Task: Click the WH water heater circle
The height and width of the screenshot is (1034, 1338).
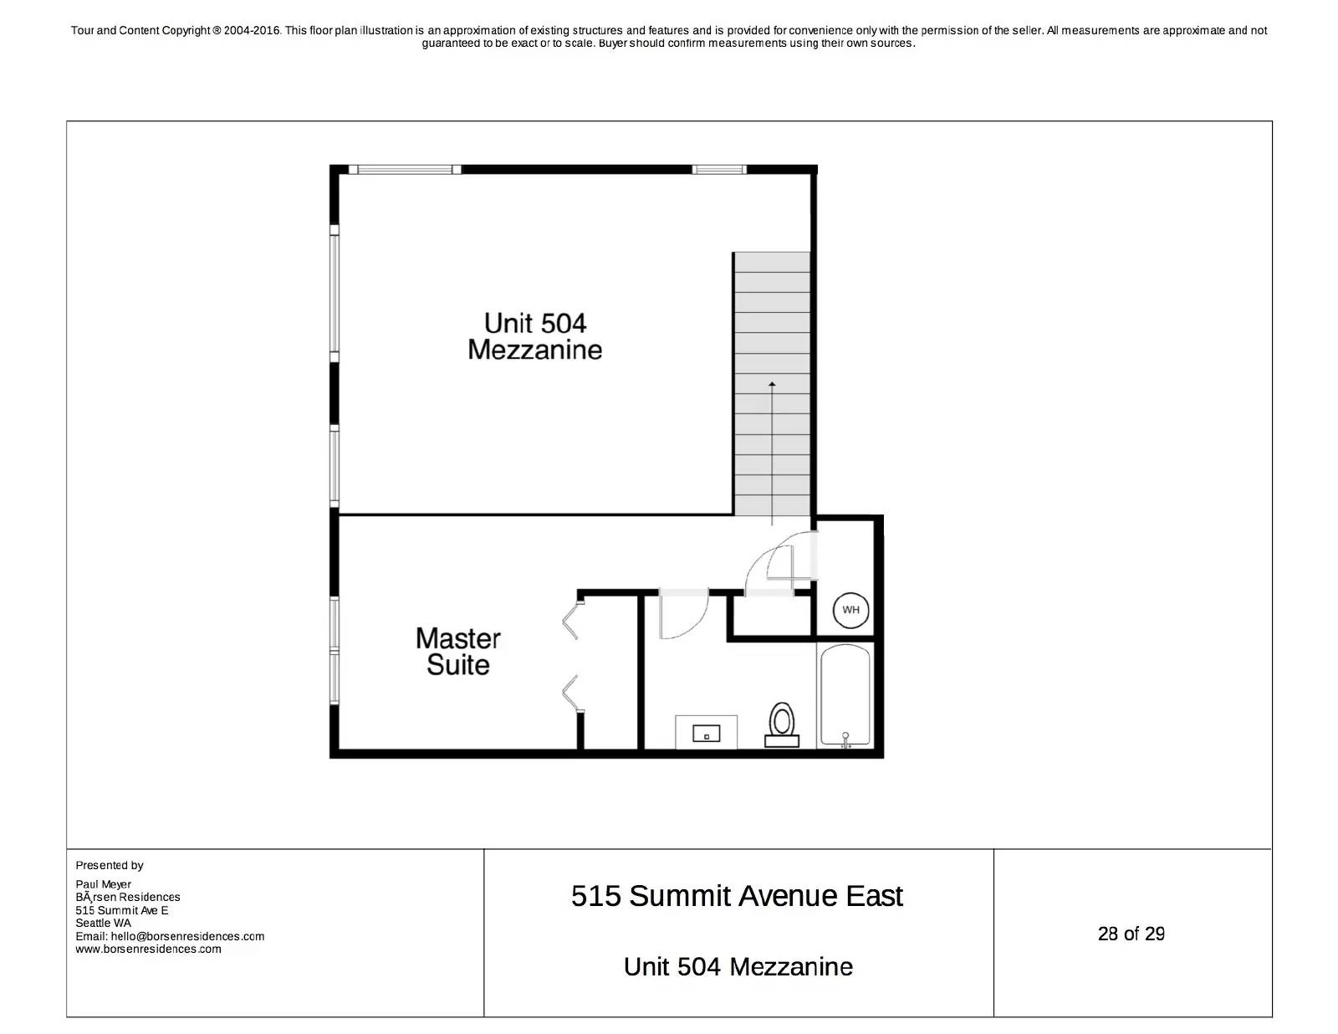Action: (x=850, y=610)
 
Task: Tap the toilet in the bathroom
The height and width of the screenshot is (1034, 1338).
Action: (x=782, y=724)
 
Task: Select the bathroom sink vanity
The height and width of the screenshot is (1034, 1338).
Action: (x=707, y=732)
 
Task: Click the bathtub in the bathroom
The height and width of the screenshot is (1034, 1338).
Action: (x=845, y=694)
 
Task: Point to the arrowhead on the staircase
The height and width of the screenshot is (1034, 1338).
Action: (x=772, y=384)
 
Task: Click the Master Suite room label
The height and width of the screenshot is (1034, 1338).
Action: (x=457, y=652)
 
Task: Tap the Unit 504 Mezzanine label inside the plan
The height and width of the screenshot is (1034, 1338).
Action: (x=535, y=336)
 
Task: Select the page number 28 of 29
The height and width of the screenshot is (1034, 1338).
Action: (x=1131, y=934)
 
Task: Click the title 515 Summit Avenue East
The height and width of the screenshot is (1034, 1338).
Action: (x=737, y=896)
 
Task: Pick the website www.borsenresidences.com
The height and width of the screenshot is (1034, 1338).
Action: (x=148, y=949)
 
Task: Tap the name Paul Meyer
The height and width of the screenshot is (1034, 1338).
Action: (x=103, y=883)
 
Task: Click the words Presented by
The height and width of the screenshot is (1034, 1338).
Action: (x=110, y=865)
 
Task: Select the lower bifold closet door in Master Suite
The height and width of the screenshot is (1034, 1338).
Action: (x=571, y=693)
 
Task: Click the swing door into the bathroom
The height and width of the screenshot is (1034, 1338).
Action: (x=682, y=615)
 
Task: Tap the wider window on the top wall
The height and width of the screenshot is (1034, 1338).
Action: (x=405, y=169)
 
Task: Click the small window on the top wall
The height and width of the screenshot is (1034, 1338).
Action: (x=718, y=169)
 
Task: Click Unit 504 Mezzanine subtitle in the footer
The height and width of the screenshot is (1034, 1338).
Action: (x=738, y=966)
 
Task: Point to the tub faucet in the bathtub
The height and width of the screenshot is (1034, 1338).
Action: (x=845, y=740)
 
